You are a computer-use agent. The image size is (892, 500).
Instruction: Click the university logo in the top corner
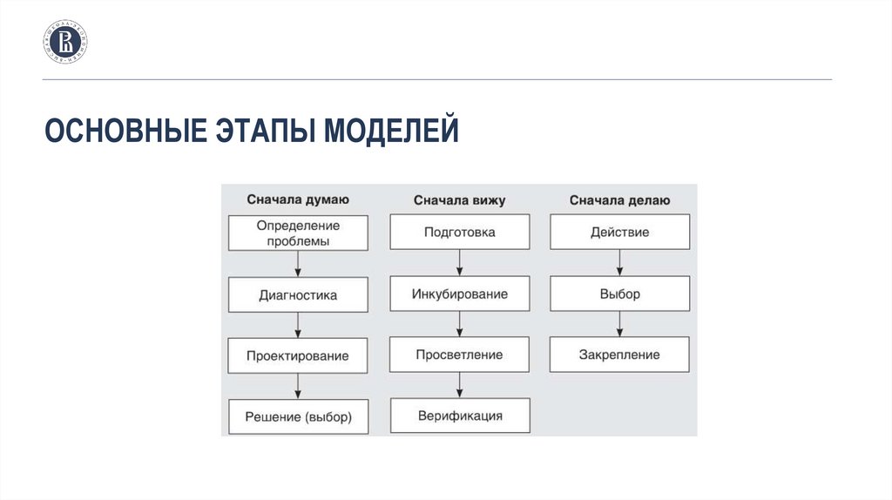[x=65, y=42]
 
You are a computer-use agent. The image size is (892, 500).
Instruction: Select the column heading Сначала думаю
[x=298, y=199]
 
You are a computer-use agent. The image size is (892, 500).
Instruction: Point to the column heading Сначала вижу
[x=459, y=200]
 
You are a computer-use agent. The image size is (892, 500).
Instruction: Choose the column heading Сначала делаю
[x=619, y=200]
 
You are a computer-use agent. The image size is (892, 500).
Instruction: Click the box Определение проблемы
[x=298, y=233]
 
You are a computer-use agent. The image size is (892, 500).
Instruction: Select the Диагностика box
[x=298, y=294]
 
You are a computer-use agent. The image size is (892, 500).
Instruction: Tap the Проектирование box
[x=298, y=355]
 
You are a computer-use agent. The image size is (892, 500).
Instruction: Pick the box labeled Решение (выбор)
[x=298, y=416]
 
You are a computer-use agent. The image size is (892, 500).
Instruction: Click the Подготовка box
[x=459, y=233]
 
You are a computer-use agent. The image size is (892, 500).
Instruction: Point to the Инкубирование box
[x=459, y=294]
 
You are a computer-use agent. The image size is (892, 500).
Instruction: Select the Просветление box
[x=459, y=355]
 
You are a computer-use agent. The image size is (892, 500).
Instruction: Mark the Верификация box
[x=459, y=416]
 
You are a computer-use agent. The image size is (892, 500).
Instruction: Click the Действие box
[x=619, y=233]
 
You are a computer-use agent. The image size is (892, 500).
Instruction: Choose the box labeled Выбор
[x=619, y=294]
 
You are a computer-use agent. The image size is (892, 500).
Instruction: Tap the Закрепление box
[x=619, y=355]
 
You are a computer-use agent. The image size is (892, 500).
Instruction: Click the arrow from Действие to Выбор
[x=619, y=263]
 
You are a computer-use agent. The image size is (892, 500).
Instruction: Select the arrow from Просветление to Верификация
[x=459, y=385]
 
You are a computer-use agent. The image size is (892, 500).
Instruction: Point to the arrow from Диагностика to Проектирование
[x=298, y=325]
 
